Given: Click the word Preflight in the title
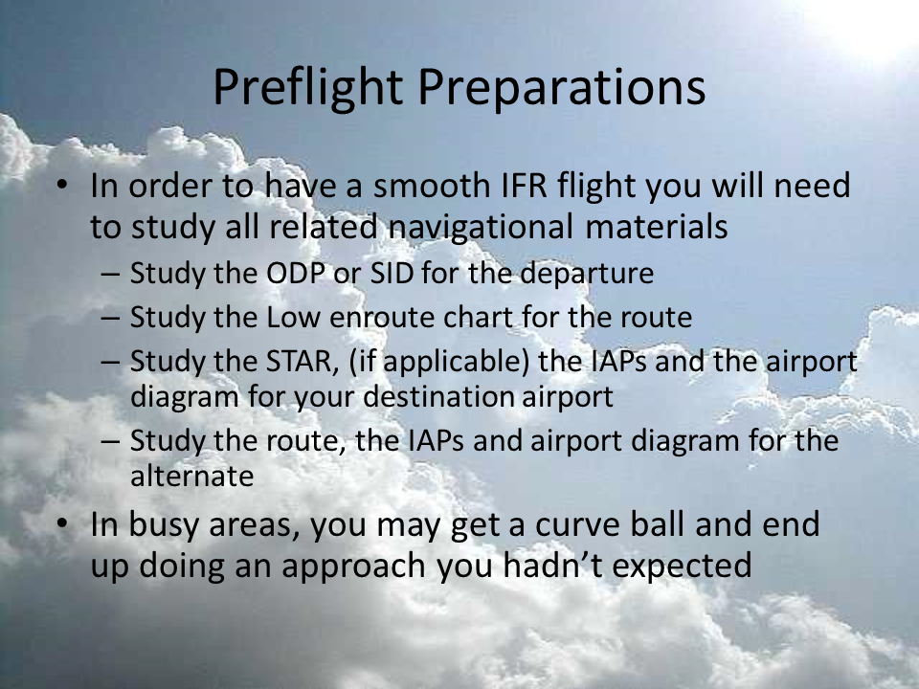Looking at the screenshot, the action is click(x=307, y=88).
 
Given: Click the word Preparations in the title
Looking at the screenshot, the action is click(x=562, y=88).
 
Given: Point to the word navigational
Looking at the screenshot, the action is click(x=481, y=228).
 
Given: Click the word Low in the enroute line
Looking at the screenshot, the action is click(x=293, y=317).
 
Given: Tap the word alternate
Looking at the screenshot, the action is click(x=191, y=477).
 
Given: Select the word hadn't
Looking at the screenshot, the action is click(x=552, y=566).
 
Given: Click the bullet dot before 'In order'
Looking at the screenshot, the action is click(x=62, y=185).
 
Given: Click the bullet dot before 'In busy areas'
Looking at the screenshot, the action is click(x=62, y=524).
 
